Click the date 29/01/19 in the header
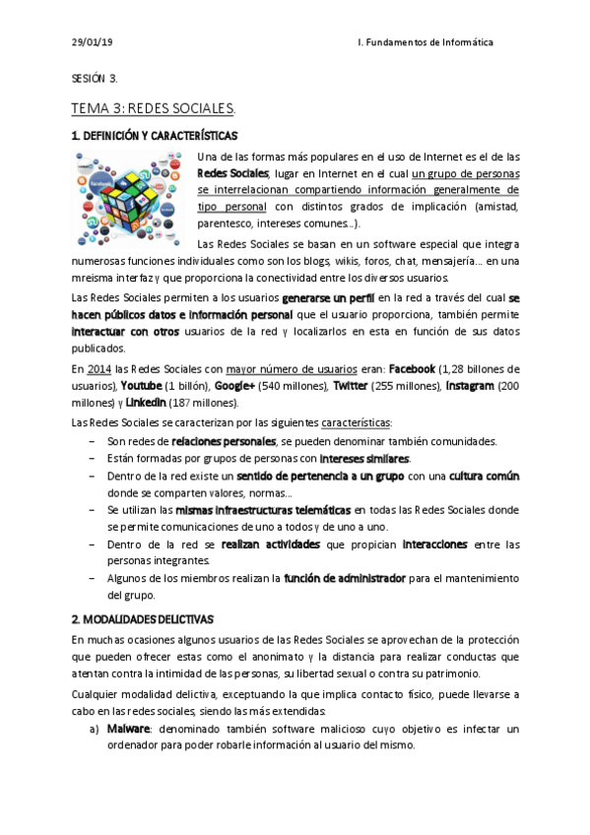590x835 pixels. click(x=93, y=43)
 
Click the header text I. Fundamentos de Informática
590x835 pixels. click(x=425, y=43)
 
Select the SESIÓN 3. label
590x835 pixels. click(x=95, y=78)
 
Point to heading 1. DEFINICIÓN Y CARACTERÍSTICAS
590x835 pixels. click(x=155, y=135)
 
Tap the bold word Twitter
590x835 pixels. click(x=352, y=386)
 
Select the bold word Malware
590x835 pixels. click(x=128, y=730)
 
